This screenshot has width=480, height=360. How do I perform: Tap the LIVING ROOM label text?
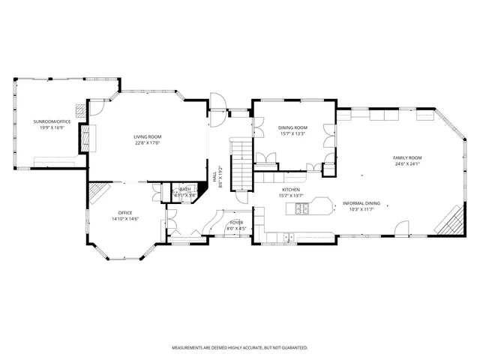point(148,136)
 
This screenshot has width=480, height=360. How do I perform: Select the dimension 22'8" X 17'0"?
point(148,143)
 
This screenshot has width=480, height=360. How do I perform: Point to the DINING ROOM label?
point(293,128)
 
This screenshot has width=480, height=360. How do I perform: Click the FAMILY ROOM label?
point(407,157)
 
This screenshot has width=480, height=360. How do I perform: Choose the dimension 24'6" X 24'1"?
point(407,164)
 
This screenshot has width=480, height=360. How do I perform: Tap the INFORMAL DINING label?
point(361,203)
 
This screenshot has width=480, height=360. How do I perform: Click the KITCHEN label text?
point(291,190)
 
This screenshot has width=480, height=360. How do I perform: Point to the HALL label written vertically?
point(215,180)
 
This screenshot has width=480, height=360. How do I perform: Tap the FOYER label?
point(236,223)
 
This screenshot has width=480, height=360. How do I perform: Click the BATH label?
point(184,190)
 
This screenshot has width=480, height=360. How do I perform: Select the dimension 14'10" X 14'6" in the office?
point(124,219)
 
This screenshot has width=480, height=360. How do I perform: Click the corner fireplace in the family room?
point(451,220)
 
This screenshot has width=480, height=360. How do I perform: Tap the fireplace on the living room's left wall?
point(84,139)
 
